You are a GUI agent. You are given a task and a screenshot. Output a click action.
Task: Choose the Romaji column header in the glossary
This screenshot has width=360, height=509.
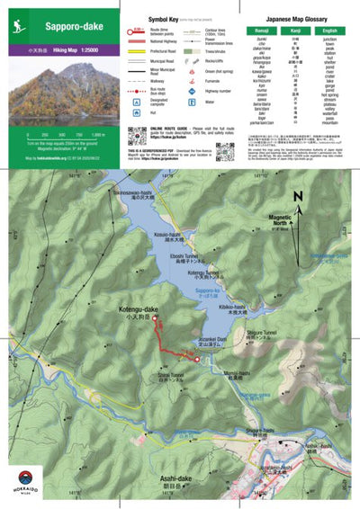pyautogui.click(x=262, y=29)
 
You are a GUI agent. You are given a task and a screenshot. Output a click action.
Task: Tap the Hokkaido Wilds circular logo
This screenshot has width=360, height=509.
pyautogui.click(x=28, y=482)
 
